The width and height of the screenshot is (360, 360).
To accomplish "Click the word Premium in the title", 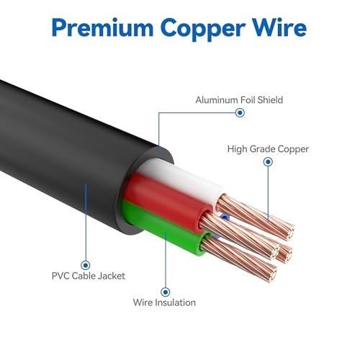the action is pos(102,29).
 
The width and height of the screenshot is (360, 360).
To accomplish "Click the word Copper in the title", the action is pos(203,29).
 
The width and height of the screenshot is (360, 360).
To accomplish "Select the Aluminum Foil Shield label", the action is pos(239,100).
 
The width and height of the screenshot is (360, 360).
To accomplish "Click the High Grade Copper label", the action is pos(268,149).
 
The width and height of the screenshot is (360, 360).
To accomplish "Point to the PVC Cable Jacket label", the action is pos(89,276).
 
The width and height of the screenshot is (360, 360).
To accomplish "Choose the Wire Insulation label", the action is pos(164,302).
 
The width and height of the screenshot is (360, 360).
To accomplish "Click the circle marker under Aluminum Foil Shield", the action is pos(240,112).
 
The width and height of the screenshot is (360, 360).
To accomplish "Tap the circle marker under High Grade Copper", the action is pos(268,162).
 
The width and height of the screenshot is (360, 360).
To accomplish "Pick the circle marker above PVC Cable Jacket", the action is pos(86,265).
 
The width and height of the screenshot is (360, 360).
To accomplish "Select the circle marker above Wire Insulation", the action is pos(165,292).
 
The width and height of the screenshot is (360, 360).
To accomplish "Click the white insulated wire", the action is pos(182,178).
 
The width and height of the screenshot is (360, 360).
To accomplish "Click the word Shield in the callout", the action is pos(270,100).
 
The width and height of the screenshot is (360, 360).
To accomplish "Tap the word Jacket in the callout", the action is pos(112,276).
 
